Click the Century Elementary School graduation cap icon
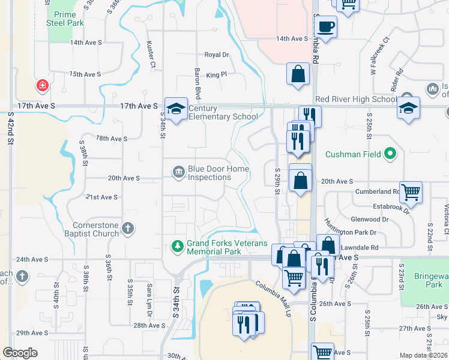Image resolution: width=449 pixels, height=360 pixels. [176, 109]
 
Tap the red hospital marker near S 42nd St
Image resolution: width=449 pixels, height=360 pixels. [43, 85]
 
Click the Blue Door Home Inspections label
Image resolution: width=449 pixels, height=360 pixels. [218, 173]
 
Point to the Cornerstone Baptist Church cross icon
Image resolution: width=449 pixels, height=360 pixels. [127, 228]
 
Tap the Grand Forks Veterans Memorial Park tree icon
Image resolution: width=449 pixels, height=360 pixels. [177, 245]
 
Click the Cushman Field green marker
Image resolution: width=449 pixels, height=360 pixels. [391, 154]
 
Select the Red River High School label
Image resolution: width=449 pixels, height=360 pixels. [355, 99]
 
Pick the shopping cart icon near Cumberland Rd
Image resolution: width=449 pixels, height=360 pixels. [411, 193]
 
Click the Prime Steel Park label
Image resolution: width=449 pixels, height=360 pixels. [65, 19]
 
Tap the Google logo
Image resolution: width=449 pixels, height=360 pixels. [20, 353]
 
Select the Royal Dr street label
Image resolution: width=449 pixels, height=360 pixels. [217, 55]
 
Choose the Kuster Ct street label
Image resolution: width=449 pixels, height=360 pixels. [152, 54]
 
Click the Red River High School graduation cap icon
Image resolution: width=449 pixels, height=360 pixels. [408, 109]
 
